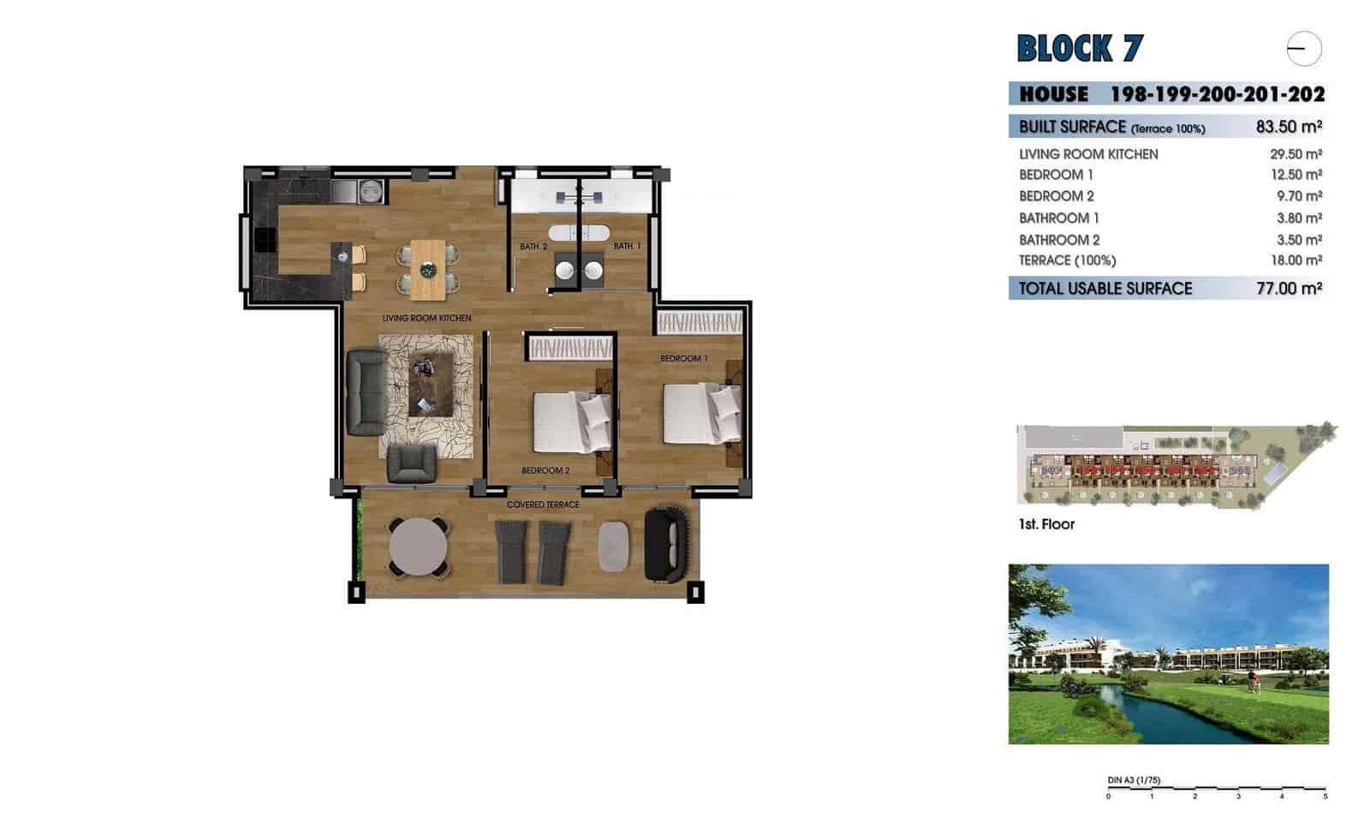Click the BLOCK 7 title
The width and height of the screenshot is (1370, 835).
click(1079, 49)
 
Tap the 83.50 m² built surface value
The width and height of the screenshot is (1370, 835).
click(1289, 127)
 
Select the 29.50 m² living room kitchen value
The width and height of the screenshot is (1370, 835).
click(1296, 154)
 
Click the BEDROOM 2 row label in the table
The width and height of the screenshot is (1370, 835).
click(1056, 196)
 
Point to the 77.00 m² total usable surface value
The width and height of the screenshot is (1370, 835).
click(1289, 289)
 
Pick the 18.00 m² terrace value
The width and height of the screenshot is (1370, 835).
click(1296, 260)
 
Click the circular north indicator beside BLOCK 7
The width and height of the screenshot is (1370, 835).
click(1304, 49)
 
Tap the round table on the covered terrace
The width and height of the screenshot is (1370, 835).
click(418, 546)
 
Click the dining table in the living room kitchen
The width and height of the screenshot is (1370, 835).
click(428, 270)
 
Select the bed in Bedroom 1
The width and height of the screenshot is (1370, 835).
click(701, 415)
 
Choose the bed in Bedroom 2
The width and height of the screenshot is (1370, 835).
click(572, 422)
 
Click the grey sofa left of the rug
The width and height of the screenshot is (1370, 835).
click(366, 391)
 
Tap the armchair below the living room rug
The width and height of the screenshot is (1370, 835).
click(412, 463)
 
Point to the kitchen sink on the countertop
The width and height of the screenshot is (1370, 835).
click(371, 190)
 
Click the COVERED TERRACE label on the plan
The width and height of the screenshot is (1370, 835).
click(543, 504)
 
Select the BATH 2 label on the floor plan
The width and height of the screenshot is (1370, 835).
click(533, 247)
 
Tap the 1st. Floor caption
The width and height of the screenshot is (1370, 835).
click(1046, 524)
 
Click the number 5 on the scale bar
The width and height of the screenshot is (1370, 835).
click(1325, 796)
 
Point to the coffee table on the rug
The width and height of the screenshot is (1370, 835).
click(430, 385)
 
